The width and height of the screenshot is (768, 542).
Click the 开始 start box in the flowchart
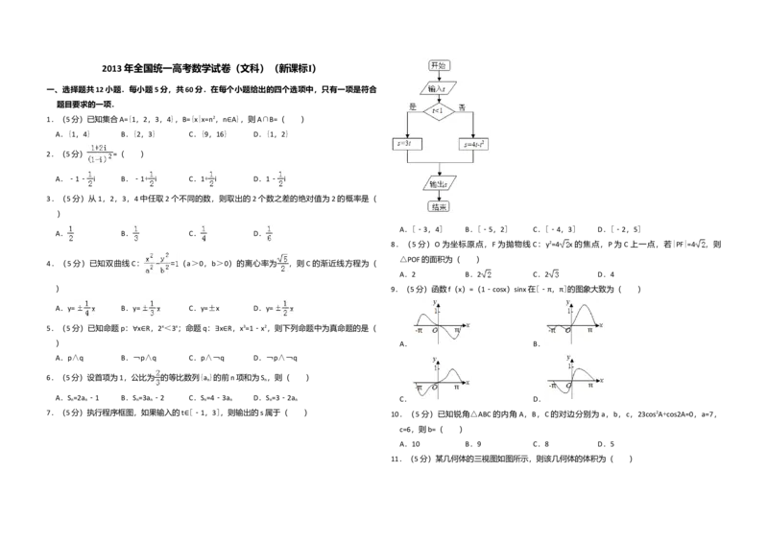pos(439,65)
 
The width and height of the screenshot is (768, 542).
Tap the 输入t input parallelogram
pos(438,88)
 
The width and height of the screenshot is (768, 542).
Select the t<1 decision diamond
pos(439,111)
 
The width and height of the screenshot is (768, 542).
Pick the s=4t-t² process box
pos(473,144)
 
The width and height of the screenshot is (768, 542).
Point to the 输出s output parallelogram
pos(439,183)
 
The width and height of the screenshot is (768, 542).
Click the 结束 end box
pos(439,205)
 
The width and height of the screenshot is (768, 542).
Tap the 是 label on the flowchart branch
pos(412,106)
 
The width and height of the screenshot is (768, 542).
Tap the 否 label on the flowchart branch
pos(462,106)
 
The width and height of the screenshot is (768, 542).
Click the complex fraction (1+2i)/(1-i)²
pos(100,153)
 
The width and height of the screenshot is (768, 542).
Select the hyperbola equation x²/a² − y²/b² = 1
pos(160,261)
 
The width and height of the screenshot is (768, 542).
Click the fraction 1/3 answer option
pos(137,234)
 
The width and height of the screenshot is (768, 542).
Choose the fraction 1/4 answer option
pos(204,234)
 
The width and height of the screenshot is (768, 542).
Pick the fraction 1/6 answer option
pos(269,234)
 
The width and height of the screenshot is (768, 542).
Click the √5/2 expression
pos(283,264)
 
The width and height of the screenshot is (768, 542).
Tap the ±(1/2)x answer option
pos(285,307)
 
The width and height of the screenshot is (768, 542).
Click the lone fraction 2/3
pos(157,379)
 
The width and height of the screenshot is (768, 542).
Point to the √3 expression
pos(553,276)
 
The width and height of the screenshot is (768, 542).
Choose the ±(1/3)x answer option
pos(151,307)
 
